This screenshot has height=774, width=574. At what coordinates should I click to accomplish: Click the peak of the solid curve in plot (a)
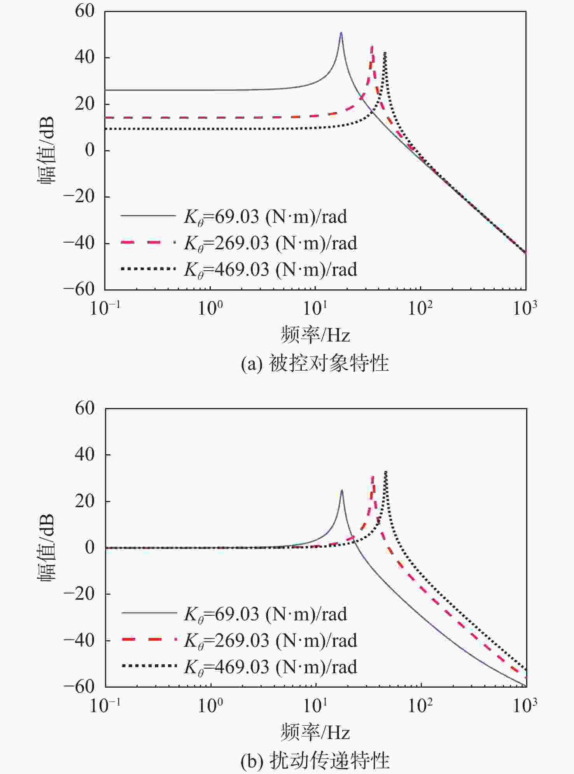coord(341,33)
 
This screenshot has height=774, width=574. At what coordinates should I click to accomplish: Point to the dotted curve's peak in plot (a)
coord(385,53)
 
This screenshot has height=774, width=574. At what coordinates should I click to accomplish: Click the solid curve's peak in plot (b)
coord(342,490)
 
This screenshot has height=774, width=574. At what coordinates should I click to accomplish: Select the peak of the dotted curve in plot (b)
coord(385,472)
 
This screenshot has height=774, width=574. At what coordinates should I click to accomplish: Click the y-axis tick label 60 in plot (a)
coord(85,11)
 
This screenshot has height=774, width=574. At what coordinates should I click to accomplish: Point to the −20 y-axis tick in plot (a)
coord(79,197)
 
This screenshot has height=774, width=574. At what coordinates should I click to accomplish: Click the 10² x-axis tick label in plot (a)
coord(420,308)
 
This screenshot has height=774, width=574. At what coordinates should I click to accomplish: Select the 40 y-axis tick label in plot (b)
coord(85,454)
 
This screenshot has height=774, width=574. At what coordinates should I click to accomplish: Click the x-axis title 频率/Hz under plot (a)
coord(315,335)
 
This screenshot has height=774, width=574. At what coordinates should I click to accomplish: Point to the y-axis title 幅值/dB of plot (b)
coord(46,547)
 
